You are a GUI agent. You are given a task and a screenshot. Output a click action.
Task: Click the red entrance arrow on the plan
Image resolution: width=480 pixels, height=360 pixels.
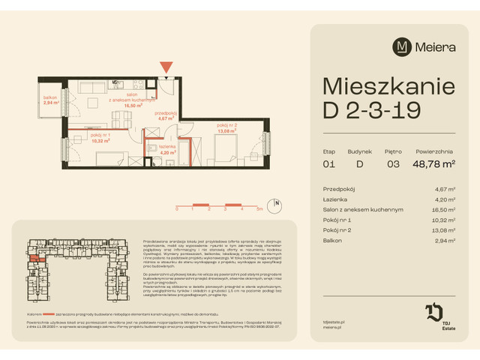coord(166,67)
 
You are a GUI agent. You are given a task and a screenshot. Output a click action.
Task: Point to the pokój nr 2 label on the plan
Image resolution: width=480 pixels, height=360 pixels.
coord(227,127)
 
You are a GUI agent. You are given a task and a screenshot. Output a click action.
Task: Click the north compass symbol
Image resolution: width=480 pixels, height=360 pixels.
coord(277,204)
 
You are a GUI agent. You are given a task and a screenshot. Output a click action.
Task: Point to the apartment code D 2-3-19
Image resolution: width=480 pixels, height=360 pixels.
coord(371,109)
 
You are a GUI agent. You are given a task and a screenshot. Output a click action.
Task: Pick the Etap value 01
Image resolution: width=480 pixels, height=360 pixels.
coord(328,162)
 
